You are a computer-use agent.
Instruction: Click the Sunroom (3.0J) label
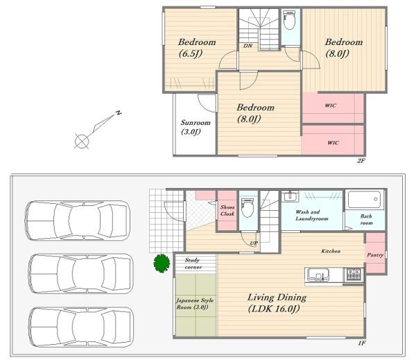click(x=196, y=127)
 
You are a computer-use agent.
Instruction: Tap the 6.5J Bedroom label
click(x=197, y=48)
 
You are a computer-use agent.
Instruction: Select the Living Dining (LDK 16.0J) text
click(x=276, y=303)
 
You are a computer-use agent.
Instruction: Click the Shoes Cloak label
click(x=227, y=210)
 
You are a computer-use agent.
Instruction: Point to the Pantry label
click(x=375, y=255)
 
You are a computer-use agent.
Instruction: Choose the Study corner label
click(x=193, y=264)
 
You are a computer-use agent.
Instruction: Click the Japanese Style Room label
click(x=195, y=304)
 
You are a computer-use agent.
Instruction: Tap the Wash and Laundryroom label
click(x=311, y=215)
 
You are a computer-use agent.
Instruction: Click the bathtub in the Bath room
click(x=365, y=199)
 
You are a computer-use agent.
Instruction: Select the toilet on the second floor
click(x=289, y=20)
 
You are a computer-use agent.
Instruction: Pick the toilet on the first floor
click(x=248, y=207)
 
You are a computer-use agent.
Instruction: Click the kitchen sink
click(x=318, y=275)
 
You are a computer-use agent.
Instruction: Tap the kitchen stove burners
click(x=354, y=275)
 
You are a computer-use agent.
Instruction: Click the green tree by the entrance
click(x=162, y=263)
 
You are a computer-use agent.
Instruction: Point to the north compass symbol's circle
click(x=81, y=141)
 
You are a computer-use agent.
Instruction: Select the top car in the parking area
click(x=78, y=221)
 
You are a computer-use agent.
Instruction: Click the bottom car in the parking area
click(x=81, y=327)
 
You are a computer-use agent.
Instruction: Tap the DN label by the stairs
click(x=248, y=46)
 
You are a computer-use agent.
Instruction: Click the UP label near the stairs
click(x=253, y=243)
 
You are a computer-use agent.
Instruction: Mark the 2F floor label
click(x=361, y=160)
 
